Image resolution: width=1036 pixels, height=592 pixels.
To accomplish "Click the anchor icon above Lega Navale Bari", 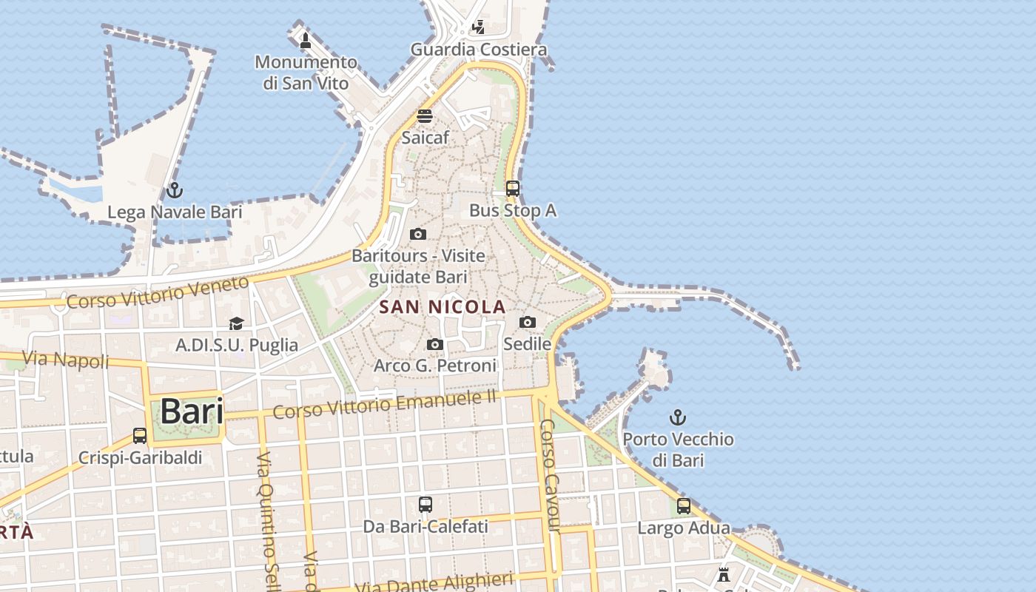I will coord(174,190).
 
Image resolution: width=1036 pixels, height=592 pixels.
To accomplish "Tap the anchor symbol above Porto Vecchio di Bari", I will coord(677,417).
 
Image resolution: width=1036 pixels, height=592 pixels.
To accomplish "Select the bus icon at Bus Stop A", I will coord(513,189).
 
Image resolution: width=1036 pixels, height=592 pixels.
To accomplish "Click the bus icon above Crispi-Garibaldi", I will coord(140,436).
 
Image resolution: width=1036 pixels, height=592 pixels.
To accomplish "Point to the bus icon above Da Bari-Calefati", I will coord(425,505).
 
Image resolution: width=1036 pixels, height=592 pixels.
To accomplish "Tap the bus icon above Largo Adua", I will coord(684,506).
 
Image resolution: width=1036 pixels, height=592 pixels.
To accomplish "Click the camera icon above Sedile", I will coord(528,322).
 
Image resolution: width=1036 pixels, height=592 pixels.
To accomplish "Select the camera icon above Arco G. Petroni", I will coord(435,344).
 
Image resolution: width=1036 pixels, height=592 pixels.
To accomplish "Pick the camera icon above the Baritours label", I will coord(418,234).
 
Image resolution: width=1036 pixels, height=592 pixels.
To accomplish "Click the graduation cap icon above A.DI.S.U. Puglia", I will coord(236,323).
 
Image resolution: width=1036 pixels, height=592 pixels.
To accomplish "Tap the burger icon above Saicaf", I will coord(425,116).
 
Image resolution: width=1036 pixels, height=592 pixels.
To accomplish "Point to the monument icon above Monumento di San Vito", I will coord(305,40).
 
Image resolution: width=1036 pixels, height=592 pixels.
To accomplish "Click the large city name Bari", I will coord(192,411).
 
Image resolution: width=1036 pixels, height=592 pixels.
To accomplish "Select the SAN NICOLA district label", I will coord(443,306).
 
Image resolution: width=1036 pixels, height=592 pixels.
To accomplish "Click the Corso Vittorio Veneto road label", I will coord(158,292).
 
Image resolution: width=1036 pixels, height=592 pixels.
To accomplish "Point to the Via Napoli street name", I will coord(65,360).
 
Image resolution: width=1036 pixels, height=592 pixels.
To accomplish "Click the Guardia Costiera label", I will coord(479,50).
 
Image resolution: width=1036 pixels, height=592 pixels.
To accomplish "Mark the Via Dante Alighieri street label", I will coord(434,582).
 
